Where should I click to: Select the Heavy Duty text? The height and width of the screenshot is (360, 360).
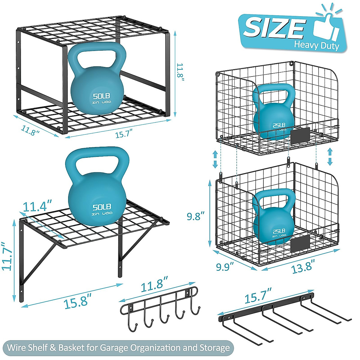point(316,45)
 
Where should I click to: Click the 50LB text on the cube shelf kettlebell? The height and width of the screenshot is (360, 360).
point(101,96)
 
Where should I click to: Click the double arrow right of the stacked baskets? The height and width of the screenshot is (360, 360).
point(330,157)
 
